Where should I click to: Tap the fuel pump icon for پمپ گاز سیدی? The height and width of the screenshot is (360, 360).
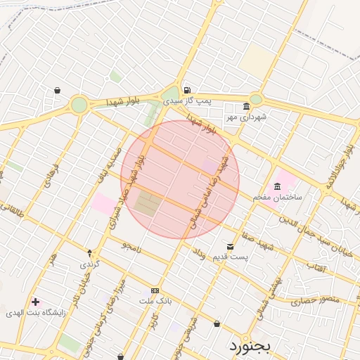tap(186, 90)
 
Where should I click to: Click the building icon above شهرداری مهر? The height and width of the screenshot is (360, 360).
tap(246, 107)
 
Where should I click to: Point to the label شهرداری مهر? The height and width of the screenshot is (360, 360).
tap(246, 117)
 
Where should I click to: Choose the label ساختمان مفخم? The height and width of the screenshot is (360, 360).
tap(278, 197)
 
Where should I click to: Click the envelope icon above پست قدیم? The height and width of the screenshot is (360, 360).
tap(231, 246)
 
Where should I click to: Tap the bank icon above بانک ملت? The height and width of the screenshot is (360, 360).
tap(155, 290)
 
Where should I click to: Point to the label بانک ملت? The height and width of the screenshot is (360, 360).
tap(155, 301)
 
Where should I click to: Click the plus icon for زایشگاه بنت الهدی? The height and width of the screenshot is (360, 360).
tap(35, 302)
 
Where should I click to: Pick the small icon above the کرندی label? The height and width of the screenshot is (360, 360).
tap(89, 252)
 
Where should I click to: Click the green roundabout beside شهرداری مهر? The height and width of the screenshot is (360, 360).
tap(255, 99)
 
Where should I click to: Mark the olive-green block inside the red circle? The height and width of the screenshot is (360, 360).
tap(147, 204)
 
